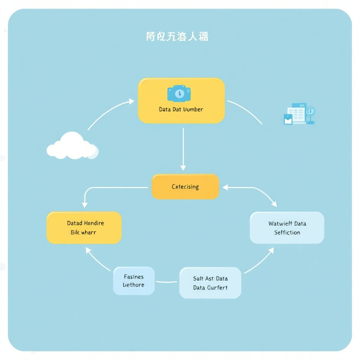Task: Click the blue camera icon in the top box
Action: tap(179, 94)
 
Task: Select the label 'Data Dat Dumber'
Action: tap(181, 109)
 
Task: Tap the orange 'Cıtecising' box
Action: tap(185, 187)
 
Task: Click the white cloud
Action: tap(72, 146)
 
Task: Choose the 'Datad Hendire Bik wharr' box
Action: tap(84, 228)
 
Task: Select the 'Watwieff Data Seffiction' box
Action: tap(287, 228)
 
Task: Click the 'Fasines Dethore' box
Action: tap(134, 281)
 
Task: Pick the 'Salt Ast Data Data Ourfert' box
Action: tap(210, 283)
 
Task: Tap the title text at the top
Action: tap(177, 37)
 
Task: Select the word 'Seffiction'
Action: tap(287, 233)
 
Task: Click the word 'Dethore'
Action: tap(134, 285)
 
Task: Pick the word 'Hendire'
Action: tap(94, 223)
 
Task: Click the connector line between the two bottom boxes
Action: tap(167, 282)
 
